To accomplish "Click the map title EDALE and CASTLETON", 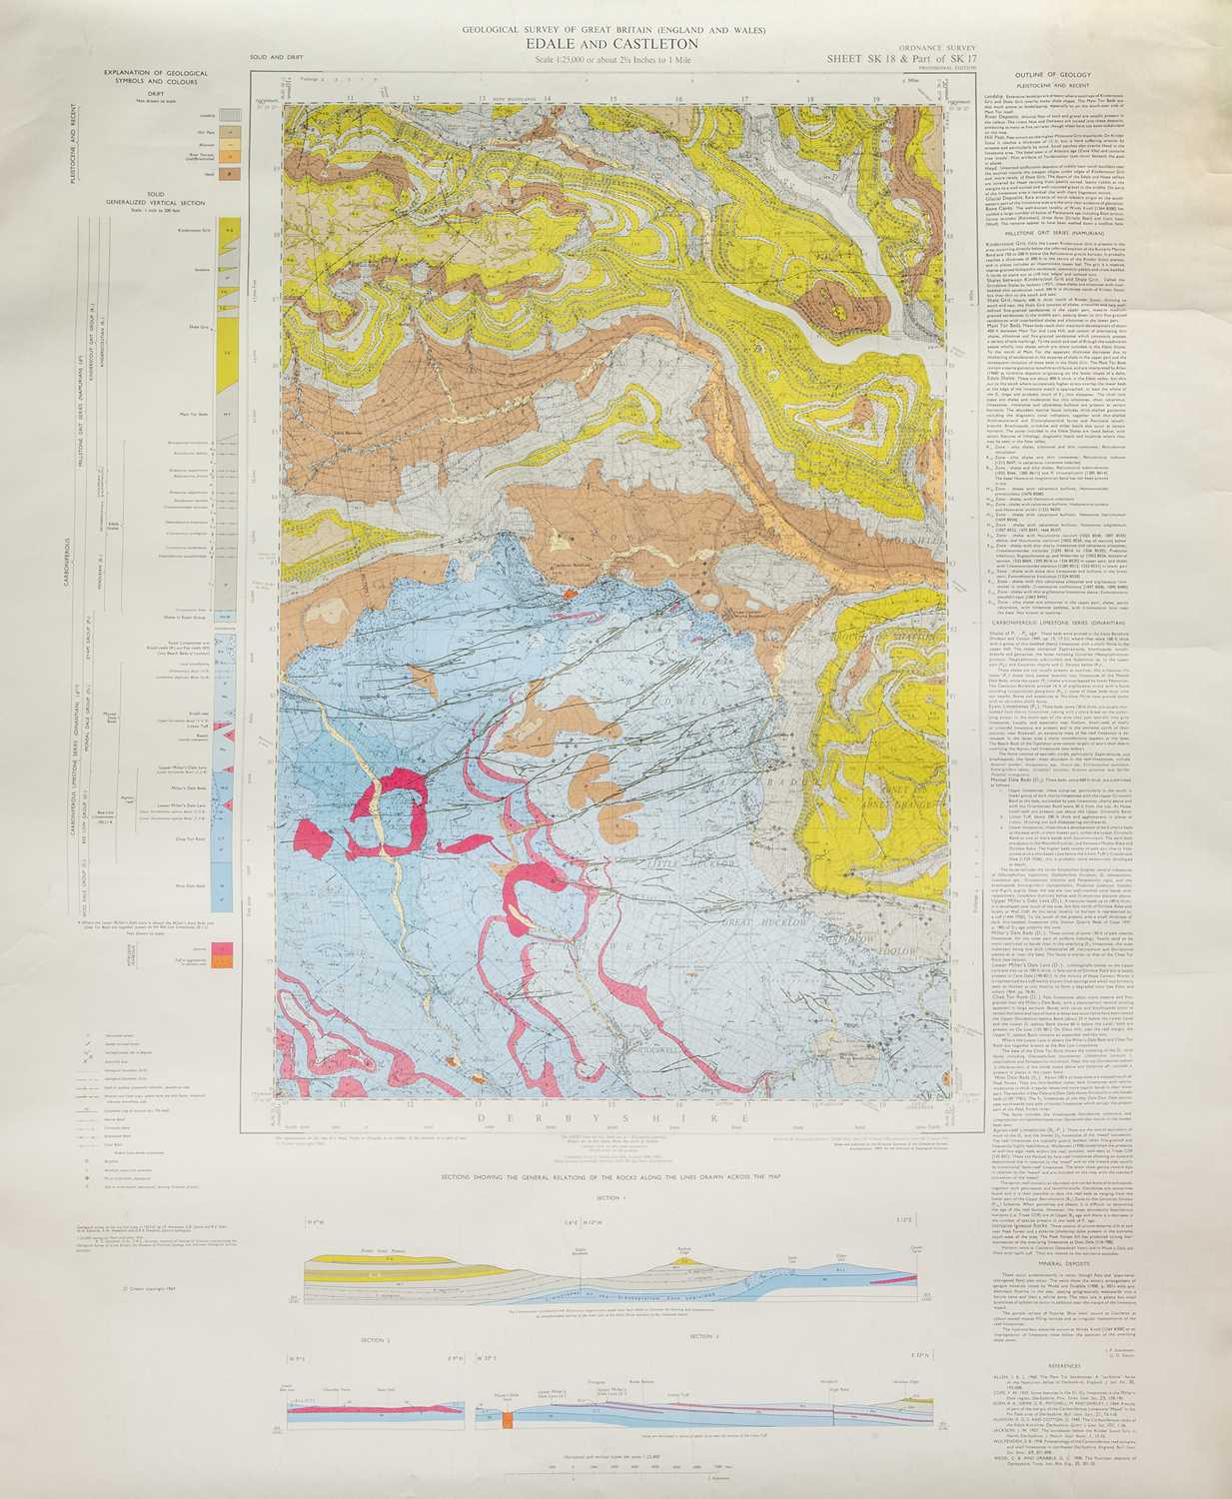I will pyautogui.click(x=616, y=44).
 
